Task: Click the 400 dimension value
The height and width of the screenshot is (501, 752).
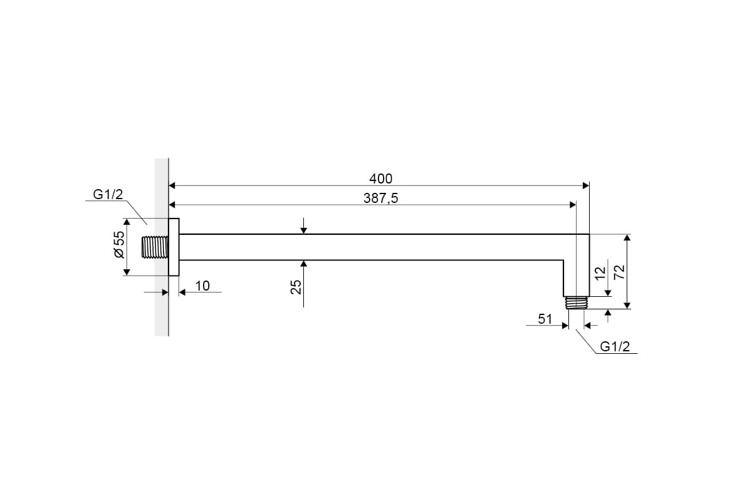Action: click(x=381, y=179)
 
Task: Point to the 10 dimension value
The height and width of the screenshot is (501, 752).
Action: click(x=202, y=286)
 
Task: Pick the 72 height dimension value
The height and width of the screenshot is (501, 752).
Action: click(x=619, y=271)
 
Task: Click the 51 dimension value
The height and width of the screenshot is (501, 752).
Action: click(x=545, y=319)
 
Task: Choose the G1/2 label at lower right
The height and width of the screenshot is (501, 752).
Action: click(x=615, y=346)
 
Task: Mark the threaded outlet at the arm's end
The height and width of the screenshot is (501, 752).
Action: click(x=576, y=302)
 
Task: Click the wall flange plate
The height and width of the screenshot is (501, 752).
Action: click(x=174, y=247)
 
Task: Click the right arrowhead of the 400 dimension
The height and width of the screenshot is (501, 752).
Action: click(x=586, y=185)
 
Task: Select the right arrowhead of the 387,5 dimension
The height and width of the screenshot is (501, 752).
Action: click(x=572, y=205)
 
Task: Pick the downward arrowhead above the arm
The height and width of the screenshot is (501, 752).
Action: click(x=303, y=230)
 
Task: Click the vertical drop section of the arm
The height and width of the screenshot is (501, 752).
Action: click(x=576, y=276)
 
